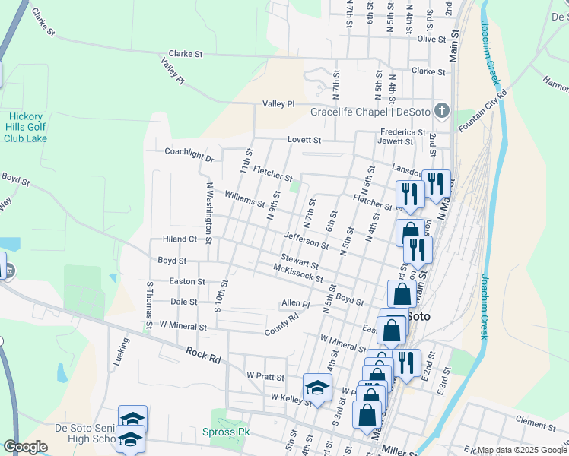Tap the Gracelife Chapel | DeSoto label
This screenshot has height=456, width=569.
pyautogui.click(x=370, y=112)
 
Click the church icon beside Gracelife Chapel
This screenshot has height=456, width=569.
pyautogui.click(x=441, y=112)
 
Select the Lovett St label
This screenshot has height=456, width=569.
pyautogui.click(x=305, y=141)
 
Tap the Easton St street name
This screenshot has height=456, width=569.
pyautogui.click(x=187, y=281)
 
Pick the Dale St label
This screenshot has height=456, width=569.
pyautogui.click(x=184, y=302)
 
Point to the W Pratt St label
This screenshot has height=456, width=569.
pyautogui.click(x=265, y=376)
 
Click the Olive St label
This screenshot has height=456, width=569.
pyautogui.click(x=431, y=39)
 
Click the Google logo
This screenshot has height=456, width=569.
pyautogui.click(x=25, y=447)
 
